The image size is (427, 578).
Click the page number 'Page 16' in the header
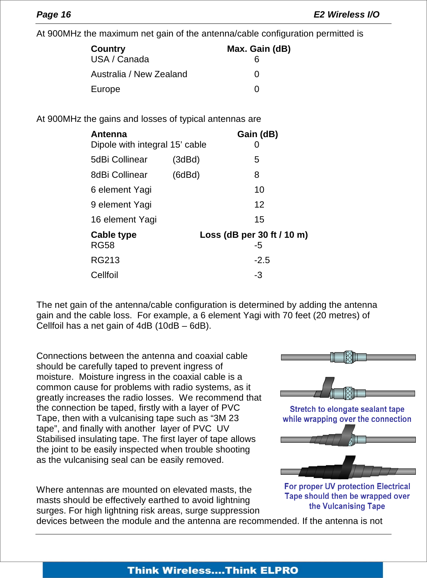point(53,15)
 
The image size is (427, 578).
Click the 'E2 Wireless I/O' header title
point(346,15)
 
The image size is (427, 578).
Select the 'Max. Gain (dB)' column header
point(259,49)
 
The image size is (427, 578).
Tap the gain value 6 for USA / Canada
point(256,60)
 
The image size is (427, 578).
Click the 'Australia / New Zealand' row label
point(139,74)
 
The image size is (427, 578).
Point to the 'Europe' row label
point(105,89)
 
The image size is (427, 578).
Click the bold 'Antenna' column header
point(109,134)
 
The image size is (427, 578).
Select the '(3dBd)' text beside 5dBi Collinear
point(186,160)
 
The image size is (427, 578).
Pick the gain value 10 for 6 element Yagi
point(259,190)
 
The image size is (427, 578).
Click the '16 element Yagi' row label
point(124,219)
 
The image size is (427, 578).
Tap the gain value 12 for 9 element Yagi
point(259,205)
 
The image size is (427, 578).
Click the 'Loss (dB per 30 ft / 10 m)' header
point(253,235)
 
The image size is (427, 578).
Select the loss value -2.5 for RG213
point(262,260)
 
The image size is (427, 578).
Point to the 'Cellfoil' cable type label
point(104,275)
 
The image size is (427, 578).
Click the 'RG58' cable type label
point(103,245)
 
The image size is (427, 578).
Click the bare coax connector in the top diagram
point(348,357)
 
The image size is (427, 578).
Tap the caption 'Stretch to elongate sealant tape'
point(347,409)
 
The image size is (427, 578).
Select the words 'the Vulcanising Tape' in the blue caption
point(347,506)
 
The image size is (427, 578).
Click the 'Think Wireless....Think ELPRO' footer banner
point(213,570)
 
